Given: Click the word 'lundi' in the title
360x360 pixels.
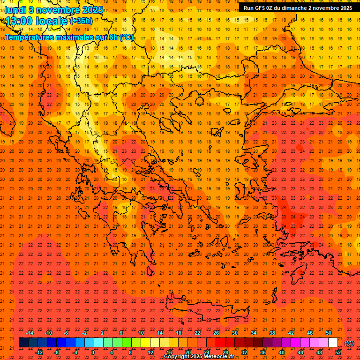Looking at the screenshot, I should (x=15, y=9).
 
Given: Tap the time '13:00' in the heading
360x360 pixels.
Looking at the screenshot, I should (x=19, y=21).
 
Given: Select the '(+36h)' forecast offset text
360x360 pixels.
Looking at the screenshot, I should (x=81, y=21).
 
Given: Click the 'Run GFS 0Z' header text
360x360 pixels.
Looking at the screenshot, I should (x=260, y=8).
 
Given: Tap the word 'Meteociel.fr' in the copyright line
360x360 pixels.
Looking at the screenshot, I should (x=219, y=357).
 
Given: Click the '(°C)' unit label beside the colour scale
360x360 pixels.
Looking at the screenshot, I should (x=349, y=343).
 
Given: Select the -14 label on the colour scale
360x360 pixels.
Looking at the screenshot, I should (x=30, y=333).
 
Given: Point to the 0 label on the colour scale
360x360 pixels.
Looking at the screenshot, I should (x=93, y=352).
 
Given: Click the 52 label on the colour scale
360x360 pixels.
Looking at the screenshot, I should (x=338, y=352).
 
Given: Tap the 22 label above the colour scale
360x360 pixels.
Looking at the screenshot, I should (x=197, y=333).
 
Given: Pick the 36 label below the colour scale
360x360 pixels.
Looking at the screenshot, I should (x=263, y=352).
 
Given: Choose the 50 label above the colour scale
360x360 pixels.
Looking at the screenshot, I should (x=329, y=333).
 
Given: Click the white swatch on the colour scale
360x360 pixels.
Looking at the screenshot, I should (x=333, y=343).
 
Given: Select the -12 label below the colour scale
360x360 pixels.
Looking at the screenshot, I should (x=39, y=352).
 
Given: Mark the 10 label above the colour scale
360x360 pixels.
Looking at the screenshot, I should (x=141, y=333).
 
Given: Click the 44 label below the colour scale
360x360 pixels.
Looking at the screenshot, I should (x=300, y=352).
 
